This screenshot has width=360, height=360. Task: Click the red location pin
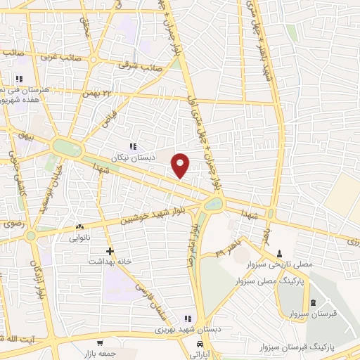click(x=181, y=165)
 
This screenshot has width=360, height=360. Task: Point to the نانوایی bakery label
click(x=79, y=238)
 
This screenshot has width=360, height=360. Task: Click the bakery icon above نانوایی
click(x=79, y=227)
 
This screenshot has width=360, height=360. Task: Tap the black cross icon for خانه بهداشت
click(x=109, y=250)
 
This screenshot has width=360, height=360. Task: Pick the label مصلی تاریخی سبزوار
click(x=281, y=264)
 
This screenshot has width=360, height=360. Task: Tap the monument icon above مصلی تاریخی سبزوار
click(x=281, y=253)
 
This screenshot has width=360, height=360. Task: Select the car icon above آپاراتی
click(x=200, y=345)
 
